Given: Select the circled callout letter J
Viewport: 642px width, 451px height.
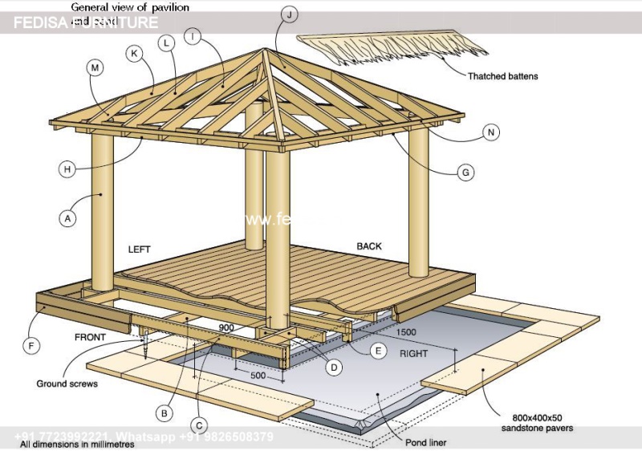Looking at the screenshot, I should [290, 13].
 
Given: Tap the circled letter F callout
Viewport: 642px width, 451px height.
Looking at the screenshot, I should [31, 346].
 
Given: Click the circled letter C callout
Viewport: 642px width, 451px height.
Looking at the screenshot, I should [200, 425].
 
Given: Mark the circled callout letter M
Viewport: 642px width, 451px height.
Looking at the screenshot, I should [95, 69].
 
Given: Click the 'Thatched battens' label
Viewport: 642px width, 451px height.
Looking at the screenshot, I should [502, 76].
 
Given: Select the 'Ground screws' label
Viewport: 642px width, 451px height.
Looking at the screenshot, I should [67, 384].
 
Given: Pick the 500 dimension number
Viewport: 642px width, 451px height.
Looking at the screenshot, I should [258, 376].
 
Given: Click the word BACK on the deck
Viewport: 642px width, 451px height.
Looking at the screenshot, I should [369, 246].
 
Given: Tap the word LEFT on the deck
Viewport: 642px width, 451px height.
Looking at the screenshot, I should [139, 250].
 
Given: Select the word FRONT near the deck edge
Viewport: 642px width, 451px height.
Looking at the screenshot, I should [90, 338].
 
